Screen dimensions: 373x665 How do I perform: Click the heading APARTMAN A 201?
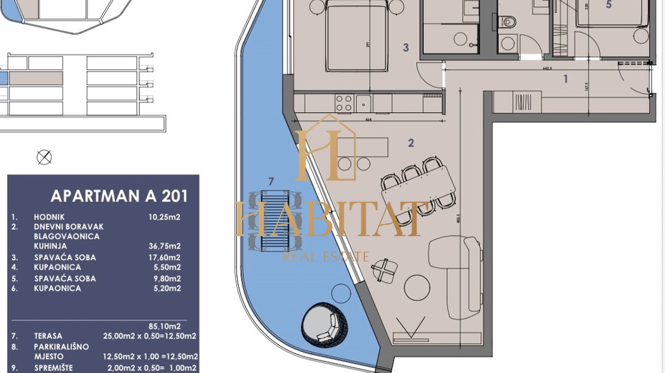pyautogui.click(x=118, y=196)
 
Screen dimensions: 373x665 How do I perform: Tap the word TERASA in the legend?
pyautogui.click(x=48, y=336)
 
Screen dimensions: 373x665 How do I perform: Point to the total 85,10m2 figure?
pyautogui.click(x=166, y=325)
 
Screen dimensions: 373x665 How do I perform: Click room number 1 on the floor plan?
pyautogui.click(x=565, y=79)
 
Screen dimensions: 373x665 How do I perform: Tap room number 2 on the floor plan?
pyautogui.click(x=411, y=143)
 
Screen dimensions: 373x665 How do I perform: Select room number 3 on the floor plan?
pyautogui.click(x=407, y=48)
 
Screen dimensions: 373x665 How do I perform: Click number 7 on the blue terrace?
pyautogui.click(x=270, y=182)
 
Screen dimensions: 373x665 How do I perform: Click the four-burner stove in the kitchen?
pyautogui.click(x=345, y=103)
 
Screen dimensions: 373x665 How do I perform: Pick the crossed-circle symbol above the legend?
pyautogui.click(x=44, y=157)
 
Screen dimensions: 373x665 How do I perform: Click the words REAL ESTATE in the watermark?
pyautogui.click(x=326, y=257)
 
